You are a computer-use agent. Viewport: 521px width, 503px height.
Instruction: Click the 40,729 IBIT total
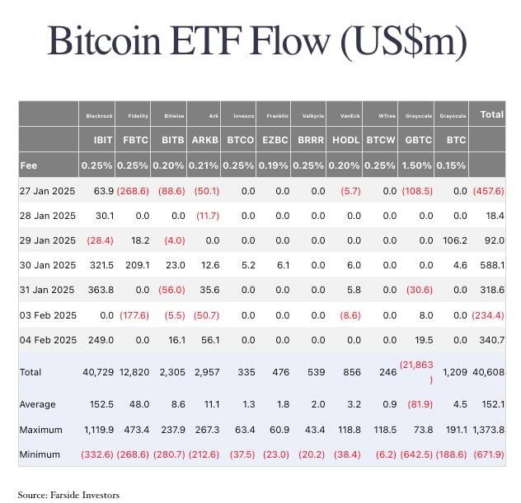97,372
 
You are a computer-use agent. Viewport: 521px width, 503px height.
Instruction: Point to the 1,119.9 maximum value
96,428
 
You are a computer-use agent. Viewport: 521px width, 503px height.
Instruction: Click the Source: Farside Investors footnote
68,494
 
